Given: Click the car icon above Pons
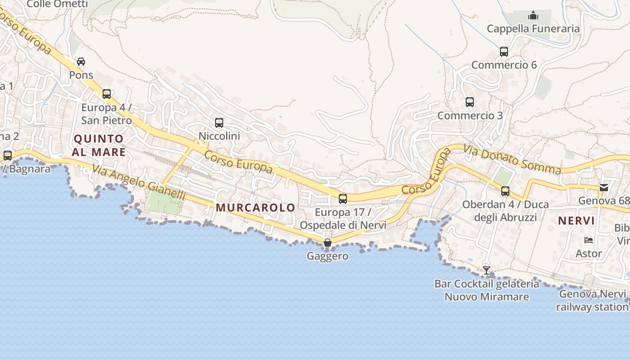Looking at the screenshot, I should pos(81,62).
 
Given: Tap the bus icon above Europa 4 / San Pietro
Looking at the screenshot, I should pos(107,94).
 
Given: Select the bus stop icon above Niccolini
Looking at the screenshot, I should pos(219,122).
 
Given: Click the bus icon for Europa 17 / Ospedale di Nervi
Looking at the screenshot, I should pos(343,198).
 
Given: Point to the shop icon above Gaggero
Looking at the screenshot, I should pos(328,243).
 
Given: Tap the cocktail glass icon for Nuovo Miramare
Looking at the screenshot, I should pos(486,270).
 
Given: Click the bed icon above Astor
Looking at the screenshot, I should pos(588,240).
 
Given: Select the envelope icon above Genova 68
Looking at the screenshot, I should pos(604,188).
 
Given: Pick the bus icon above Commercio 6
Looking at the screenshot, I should pos(504,52).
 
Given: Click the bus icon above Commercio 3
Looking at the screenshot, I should pos(470,102).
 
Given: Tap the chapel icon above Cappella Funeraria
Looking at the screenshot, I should pos(533,16).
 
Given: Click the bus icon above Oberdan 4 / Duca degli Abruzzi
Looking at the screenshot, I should pos(505,191).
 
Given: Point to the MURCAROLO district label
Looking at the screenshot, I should pos(256,207).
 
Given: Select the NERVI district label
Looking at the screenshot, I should pos(576,221).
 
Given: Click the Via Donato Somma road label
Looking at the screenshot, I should pos(512,160).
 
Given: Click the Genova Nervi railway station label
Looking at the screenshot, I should pos(592,301).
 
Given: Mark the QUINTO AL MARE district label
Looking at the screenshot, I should pos(99,145).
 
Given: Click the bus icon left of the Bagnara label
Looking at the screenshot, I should pos(8,156).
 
